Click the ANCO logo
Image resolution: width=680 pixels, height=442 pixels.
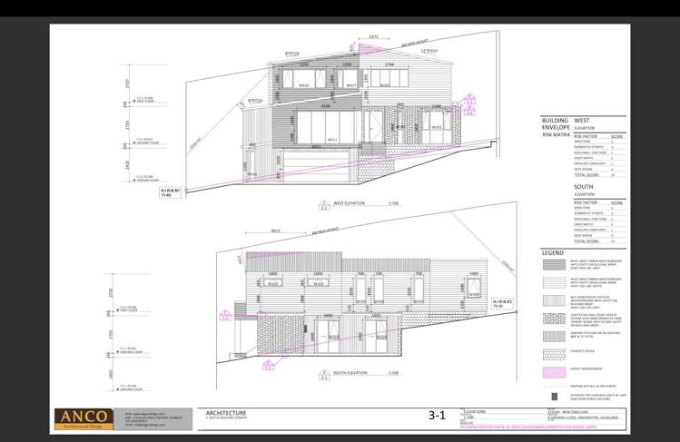coord(85,417)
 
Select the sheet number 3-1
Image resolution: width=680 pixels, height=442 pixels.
coord(437,417)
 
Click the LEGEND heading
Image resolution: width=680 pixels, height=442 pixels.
coord(553,251)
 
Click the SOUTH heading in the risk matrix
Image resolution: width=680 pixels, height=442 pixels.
coord(583,186)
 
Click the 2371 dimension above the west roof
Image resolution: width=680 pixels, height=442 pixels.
coord(373,38)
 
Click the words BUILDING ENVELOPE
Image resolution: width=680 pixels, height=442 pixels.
coord(555,123)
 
